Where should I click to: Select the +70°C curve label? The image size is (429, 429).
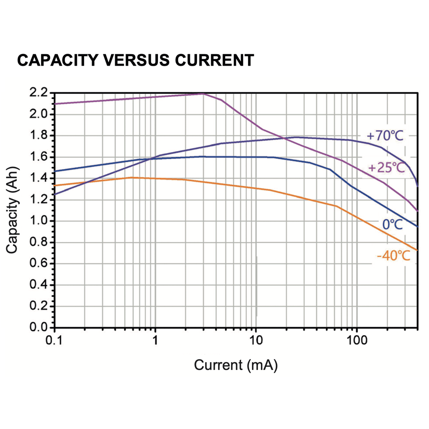[x=385, y=136]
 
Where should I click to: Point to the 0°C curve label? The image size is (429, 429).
[x=394, y=224]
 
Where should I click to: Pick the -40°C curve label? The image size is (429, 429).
[x=393, y=257]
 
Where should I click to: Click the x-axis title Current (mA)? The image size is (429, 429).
[x=236, y=366]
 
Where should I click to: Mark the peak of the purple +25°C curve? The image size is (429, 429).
[x=203, y=94]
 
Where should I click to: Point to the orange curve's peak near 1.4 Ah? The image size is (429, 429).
[x=132, y=177]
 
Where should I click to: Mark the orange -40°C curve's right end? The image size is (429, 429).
[x=417, y=250]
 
